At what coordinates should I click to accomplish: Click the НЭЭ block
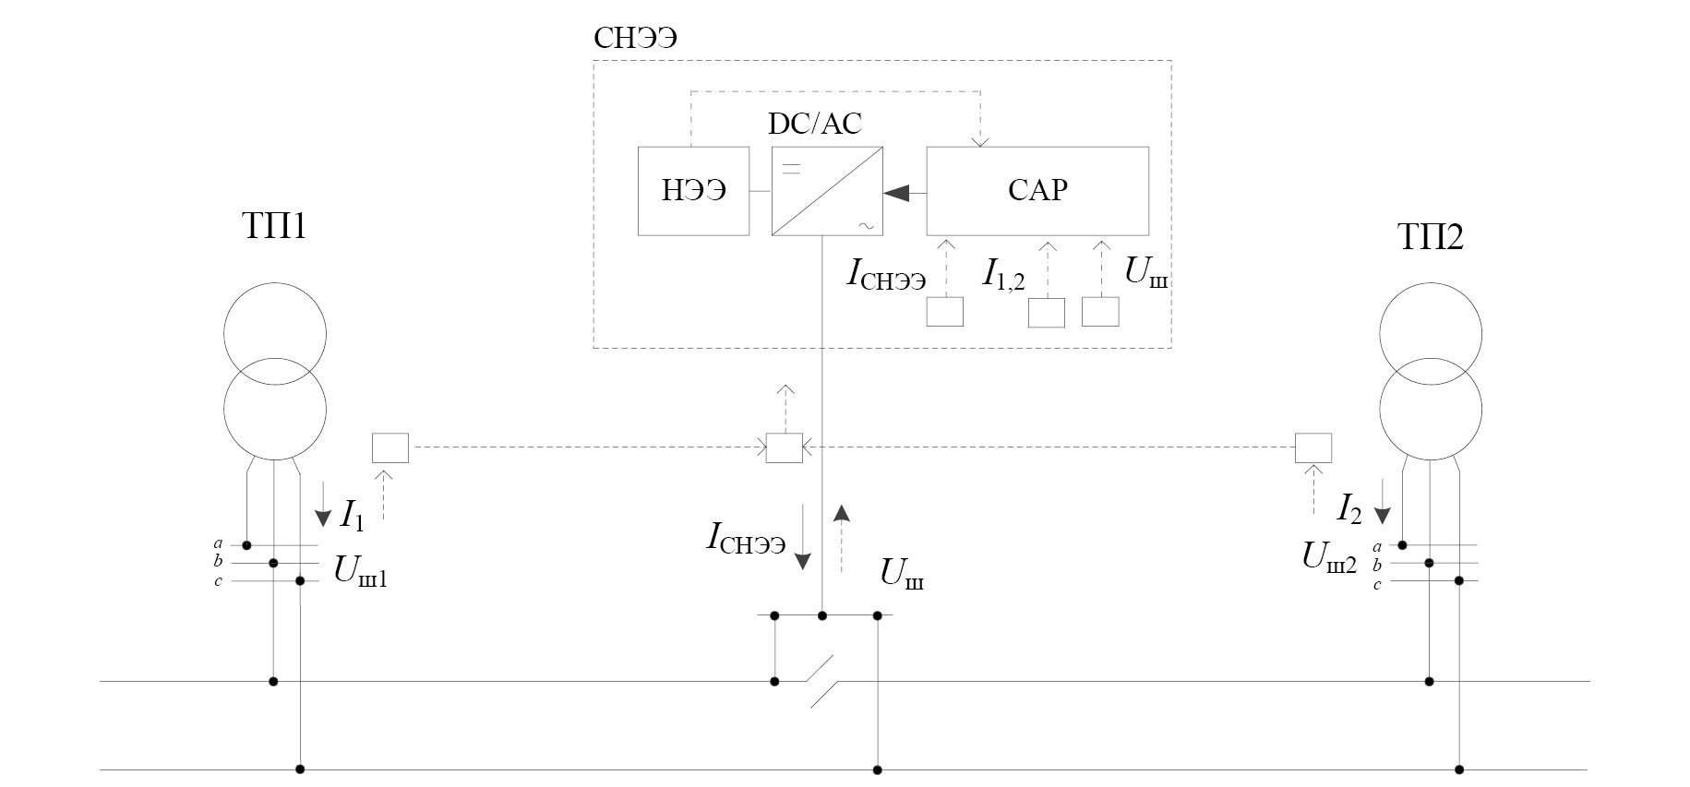coord(693,191)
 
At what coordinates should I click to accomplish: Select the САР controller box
coord(1037,191)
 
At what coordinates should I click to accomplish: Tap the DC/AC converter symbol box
coord(827,191)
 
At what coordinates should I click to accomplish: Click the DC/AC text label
coord(815,125)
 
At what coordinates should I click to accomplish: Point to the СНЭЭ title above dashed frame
coord(636,39)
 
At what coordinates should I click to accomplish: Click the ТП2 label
coord(1431,237)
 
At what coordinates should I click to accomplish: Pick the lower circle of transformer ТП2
coord(1431,408)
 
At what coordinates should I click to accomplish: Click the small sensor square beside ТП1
coord(390,448)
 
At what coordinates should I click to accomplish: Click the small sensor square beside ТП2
coord(1312,448)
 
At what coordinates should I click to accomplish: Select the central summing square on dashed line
coord(785,448)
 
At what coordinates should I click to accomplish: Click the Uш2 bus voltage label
coord(1329,557)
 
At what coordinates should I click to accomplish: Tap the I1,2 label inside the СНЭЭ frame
coord(1003,274)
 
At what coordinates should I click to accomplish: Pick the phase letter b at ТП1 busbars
coord(218,562)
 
